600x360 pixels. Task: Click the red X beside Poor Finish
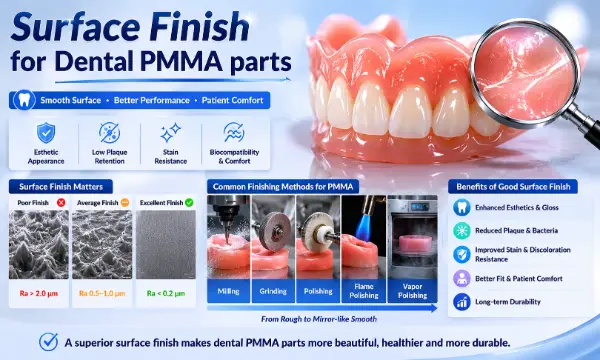[61, 202]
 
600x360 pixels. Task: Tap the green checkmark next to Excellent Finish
[189, 202]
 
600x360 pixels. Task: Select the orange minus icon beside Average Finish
[125, 202]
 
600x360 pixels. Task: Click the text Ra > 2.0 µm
[39, 293]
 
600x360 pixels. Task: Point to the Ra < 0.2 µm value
[166, 293]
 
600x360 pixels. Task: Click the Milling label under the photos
[228, 291]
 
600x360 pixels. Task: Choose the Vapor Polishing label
[412, 291]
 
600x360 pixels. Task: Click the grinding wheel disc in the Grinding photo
[272, 231]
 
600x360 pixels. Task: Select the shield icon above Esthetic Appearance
[46, 133]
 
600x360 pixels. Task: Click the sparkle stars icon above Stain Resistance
[170, 132]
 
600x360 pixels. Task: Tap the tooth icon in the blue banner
[24, 100]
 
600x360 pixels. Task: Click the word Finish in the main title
[199, 27]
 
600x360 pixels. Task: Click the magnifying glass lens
[525, 72]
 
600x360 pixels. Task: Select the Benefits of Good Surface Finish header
[513, 187]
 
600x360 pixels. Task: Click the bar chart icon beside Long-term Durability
[462, 302]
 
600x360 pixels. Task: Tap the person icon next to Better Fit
[462, 279]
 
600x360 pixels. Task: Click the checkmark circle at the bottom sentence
[49, 342]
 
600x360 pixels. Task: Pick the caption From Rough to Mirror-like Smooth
[319, 319]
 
